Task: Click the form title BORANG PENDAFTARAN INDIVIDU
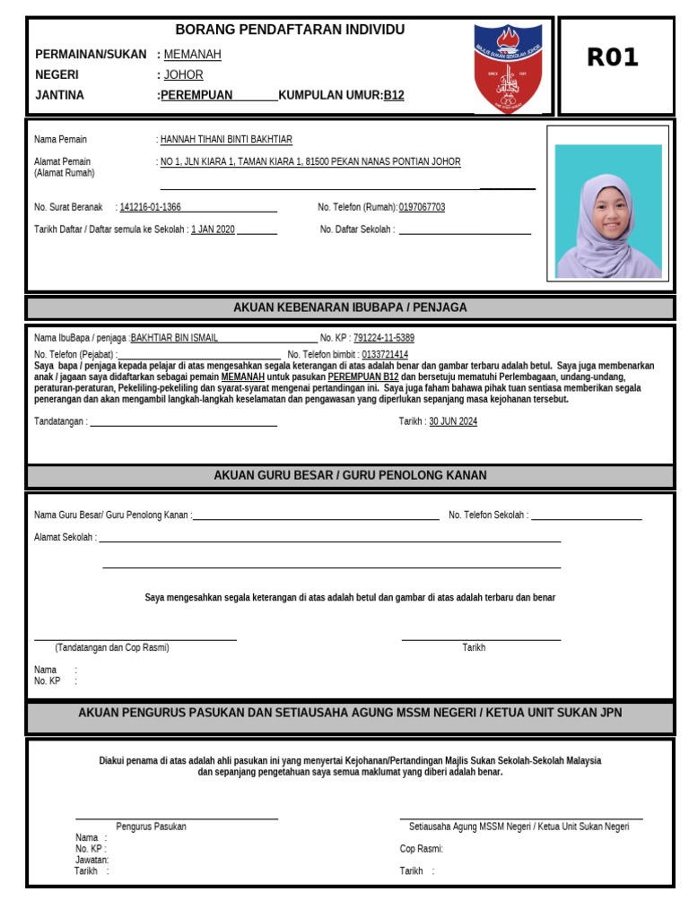point(290,30)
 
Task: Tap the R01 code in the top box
point(613,57)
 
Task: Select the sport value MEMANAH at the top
point(192,55)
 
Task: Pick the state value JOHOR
point(183,75)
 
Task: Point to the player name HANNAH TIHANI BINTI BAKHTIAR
point(226,140)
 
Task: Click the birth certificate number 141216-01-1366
point(150,207)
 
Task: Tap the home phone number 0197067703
point(422,207)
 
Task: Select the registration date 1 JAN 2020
point(213,229)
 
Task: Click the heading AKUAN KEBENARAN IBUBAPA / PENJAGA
point(350,307)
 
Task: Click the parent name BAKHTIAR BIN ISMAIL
point(174,338)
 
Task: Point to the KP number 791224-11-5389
point(384,338)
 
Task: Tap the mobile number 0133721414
point(385,355)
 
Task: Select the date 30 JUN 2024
point(453,421)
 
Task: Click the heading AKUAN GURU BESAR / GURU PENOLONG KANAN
point(350,475)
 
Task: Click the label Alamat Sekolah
point(65,538)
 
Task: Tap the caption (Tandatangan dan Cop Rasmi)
point(112,647)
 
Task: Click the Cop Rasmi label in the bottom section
point(421,849)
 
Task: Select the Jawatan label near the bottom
point(92,860)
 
